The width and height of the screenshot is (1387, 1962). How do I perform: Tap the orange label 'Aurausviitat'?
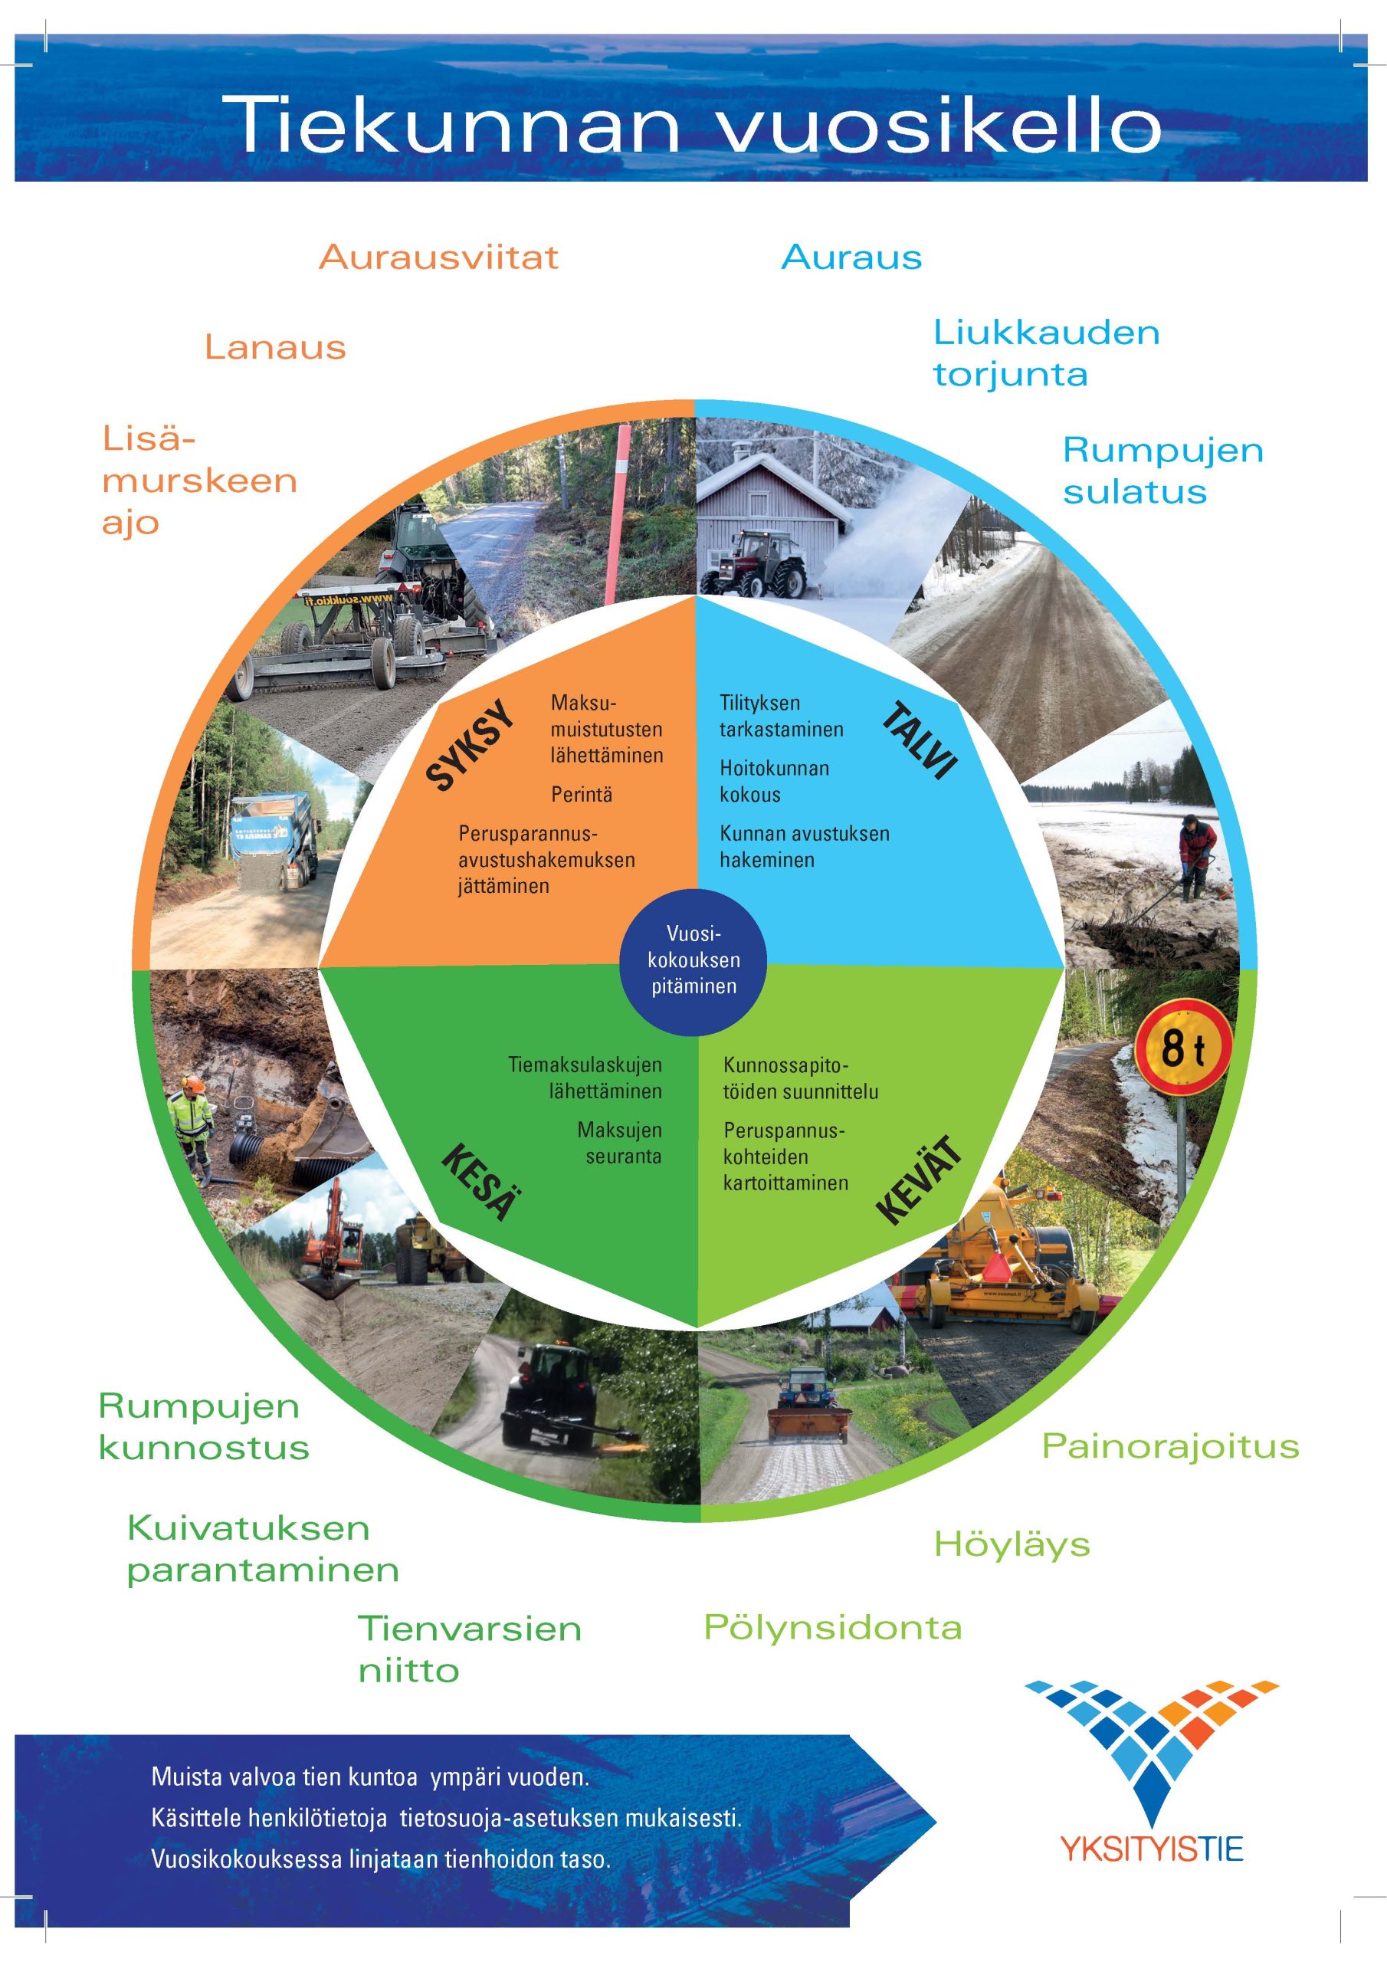438,258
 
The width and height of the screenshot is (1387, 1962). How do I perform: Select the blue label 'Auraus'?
851,258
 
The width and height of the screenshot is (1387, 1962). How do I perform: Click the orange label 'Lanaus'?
275,348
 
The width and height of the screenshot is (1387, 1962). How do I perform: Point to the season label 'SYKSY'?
471,745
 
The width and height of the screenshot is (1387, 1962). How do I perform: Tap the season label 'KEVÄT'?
919,1180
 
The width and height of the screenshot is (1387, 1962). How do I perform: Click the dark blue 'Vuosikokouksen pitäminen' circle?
693,960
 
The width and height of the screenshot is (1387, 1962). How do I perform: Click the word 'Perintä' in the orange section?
581,795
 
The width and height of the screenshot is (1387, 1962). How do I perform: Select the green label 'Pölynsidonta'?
832,1627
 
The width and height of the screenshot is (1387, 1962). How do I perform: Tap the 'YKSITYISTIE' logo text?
1151,1850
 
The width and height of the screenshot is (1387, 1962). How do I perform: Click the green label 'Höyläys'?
1012,1545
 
